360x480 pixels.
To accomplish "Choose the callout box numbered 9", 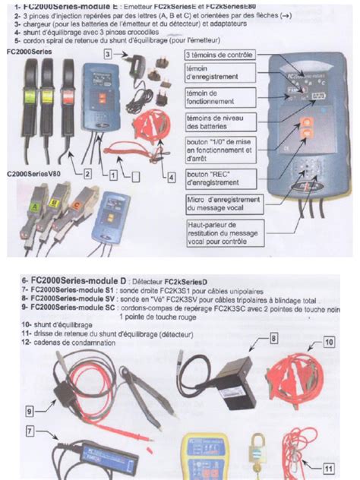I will [x=30, y=412].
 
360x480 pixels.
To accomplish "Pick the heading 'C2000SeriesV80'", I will [x=30, y=174].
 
